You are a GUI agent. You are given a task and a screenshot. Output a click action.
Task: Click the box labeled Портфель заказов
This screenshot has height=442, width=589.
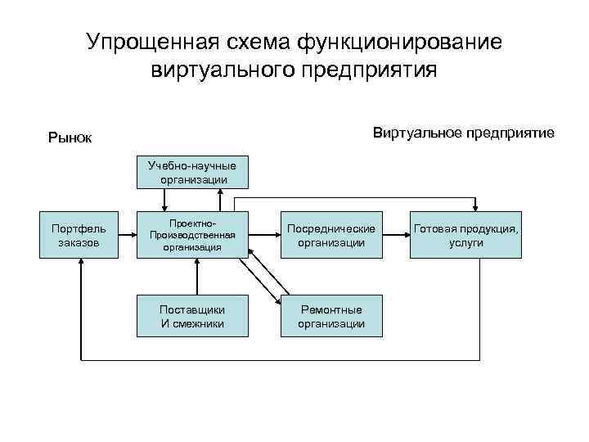[x=79, y=235]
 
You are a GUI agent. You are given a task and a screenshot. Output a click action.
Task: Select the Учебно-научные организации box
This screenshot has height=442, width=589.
[x=193, y=173]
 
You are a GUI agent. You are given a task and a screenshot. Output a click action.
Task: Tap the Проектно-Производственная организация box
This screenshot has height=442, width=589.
[x=193, y=235]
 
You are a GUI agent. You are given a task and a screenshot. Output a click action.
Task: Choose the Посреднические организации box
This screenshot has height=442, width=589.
[x=331, y=235]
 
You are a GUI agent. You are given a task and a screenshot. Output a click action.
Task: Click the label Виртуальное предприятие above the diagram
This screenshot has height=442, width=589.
[x=463, y=133]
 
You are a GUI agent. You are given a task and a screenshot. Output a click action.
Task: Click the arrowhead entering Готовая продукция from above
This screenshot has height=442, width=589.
[x=478, y=210]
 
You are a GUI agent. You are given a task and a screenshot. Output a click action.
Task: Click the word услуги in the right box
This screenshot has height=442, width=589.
[x=465, y=243]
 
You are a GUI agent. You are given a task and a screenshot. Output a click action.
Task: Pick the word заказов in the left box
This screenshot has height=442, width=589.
[x=79, y=243]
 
